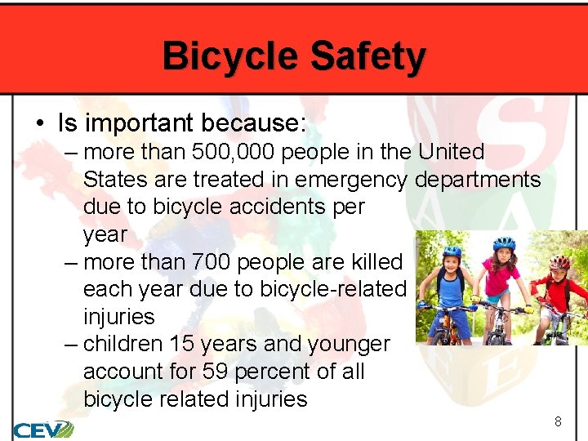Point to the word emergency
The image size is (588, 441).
click(x=351, y=180)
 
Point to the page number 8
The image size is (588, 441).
click(x=558, y=422)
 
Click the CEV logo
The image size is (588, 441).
click(x=42, y=428)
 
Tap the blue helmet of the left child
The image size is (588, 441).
click(x=452, y=252)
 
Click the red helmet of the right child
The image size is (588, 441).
click(x=559, y=262)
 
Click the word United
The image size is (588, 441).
click(x=451, y=153)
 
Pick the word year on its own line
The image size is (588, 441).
click(x=105, y=235)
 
